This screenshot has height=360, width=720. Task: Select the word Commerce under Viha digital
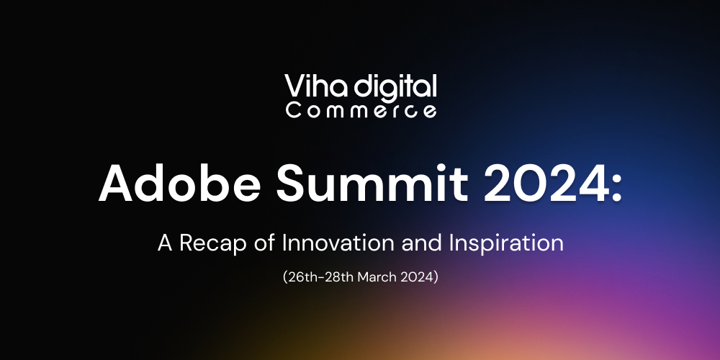point(361,111)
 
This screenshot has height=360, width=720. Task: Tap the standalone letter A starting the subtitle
point(165,243)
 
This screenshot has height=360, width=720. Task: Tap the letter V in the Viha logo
point(294,87)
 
